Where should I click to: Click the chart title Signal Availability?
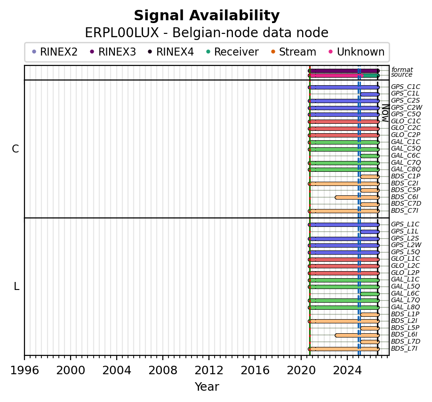coord(207,16)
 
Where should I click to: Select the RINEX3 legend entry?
coord(113,52)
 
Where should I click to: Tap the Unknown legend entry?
coord(357,52)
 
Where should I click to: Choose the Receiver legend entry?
coord(232,52)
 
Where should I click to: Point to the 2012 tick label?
coord(209,370)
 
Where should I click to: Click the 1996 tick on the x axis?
coord(24,358)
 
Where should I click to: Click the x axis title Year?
coord(207,387)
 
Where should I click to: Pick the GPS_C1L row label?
coord(405,93)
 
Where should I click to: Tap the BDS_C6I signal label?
coord(404,197)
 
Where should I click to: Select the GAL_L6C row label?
coord(405,293)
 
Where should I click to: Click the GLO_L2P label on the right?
coord(405,273)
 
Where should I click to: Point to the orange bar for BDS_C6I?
coord(357,197)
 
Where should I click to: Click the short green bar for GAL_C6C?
coord(370,156)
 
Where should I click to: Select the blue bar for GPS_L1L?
coord(370,232)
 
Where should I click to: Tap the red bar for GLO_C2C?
coord(344,129)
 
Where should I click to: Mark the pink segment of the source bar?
coord(336,75)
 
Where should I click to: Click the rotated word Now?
coord(386,113)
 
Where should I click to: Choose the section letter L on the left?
coord(16,287)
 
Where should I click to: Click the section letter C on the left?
coord(16,149)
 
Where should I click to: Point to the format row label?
coord(402,70)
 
